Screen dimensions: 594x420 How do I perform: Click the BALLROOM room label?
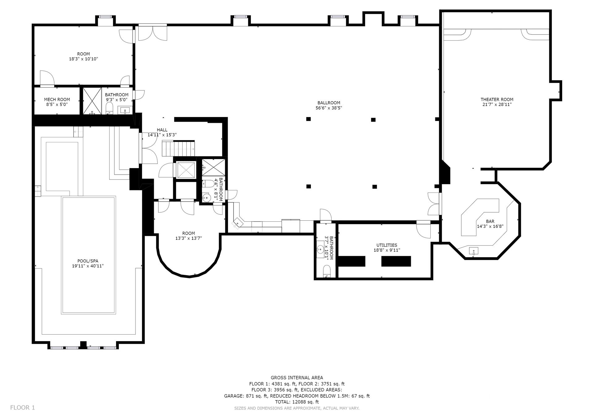329,103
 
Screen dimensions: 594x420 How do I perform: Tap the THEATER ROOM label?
497,99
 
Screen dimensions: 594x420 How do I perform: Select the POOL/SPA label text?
88,261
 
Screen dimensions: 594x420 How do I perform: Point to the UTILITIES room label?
387,245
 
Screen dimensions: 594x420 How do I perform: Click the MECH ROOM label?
57,99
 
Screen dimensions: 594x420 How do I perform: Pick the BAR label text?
490,221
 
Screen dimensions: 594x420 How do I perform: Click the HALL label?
162,130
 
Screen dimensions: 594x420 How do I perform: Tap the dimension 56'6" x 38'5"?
329,108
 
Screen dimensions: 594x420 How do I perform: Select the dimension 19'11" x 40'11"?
88,266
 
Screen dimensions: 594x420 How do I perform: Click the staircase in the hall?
179,149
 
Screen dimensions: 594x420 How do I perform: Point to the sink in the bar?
474,251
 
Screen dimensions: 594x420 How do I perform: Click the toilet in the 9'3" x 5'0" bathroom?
109,108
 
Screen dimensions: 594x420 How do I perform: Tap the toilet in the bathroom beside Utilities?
327,271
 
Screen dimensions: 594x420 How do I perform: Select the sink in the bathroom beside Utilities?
321,249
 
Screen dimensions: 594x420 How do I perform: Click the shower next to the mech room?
92,101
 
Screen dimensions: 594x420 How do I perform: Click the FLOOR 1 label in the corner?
23,408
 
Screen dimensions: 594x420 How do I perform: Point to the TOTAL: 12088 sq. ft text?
297,402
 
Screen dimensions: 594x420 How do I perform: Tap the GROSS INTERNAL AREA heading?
297,378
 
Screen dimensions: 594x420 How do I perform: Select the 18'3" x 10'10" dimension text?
84,59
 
